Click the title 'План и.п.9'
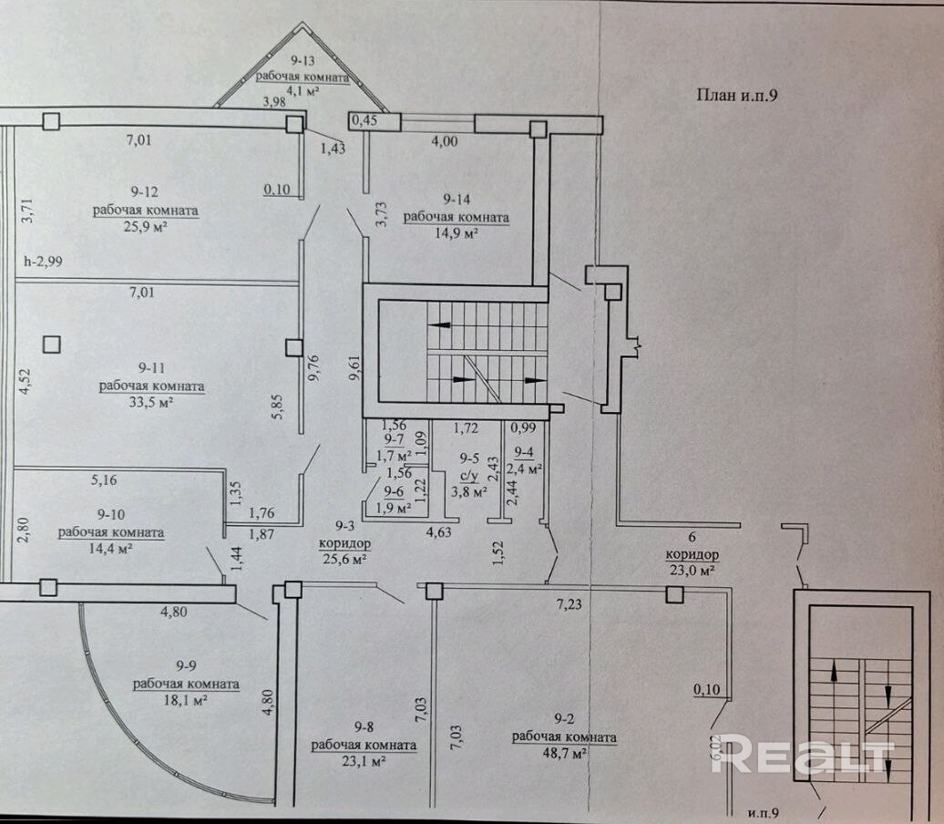[735, 95]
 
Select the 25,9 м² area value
[145, 227]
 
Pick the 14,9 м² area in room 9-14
[455, 233]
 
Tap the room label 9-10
[110, 516]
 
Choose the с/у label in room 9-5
[468, 474]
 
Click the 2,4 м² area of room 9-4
[527, 470]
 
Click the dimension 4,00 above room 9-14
[444, 140]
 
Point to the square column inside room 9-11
[52, 345]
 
